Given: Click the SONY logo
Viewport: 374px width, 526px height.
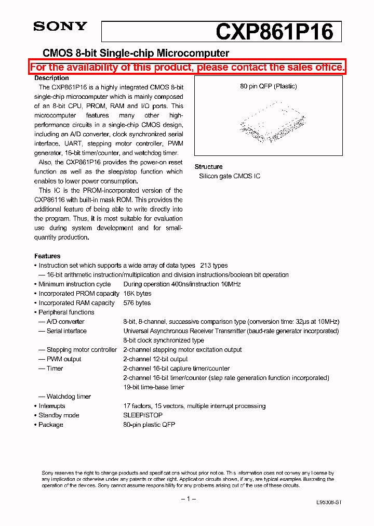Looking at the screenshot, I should (x=60, y=27).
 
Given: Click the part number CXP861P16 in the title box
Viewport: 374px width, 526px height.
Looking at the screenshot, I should (x=274, y=32).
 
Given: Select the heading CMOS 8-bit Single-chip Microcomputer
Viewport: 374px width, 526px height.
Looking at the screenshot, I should (x=136, y=53).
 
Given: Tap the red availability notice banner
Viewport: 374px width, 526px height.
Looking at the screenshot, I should (x=187, y=68).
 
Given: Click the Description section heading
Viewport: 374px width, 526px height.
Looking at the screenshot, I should (x=51, y=78).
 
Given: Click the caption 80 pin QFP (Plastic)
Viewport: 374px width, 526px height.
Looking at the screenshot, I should (x=269, y=87).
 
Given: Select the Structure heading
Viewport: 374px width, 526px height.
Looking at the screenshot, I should (x=208, y=167).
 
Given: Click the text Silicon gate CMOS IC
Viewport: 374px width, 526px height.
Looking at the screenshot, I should (x=230, y=176).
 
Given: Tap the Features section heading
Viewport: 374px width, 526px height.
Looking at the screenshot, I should (x=47, y=256).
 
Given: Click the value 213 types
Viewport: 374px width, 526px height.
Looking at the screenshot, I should (x=214, y=266).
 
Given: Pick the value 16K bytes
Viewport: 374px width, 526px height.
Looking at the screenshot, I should (x=137, y=294).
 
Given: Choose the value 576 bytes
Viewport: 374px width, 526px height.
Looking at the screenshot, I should (x=137, y=303).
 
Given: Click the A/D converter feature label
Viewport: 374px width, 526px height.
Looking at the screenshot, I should (x=65, y=322).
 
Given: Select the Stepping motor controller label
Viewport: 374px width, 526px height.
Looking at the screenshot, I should (x=82, y=350).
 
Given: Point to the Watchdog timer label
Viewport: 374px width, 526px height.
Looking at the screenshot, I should (x=69, y=397).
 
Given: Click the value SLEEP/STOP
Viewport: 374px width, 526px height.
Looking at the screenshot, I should (x=143, y=415).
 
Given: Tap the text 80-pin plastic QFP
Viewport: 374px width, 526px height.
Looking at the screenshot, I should (x=149, y=425).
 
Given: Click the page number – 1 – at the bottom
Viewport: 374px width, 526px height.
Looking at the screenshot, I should (x=188, y=499).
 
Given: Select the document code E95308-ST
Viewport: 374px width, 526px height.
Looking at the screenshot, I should (x=329, y=503).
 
